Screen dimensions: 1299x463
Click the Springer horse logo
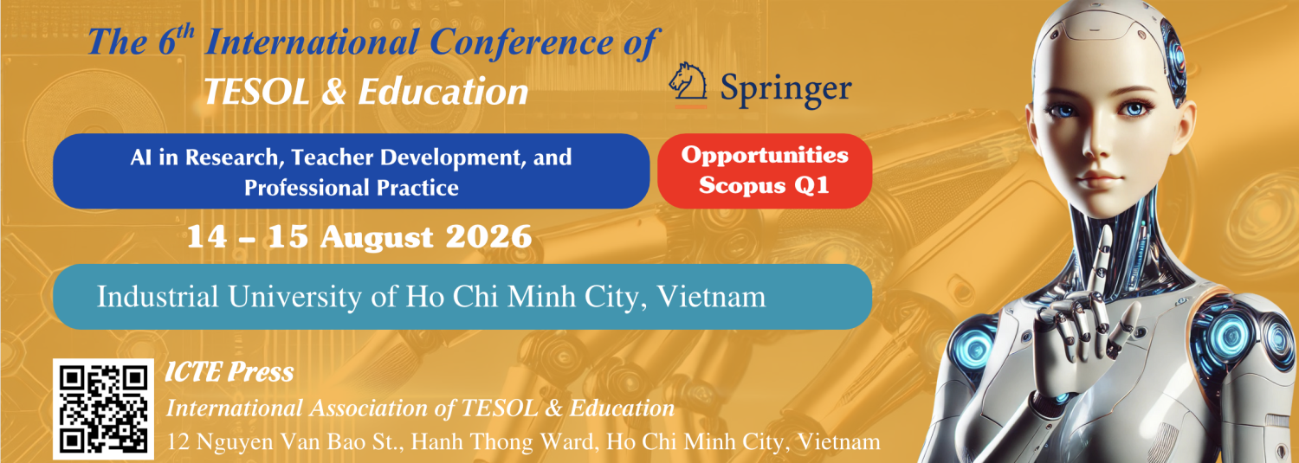[x=689, y=85]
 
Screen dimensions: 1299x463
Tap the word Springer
[x=785, y=90]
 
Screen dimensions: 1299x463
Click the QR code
[x=103, y=409]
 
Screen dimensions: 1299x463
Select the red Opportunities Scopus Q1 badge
[x=765, y=171]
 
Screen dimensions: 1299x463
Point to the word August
[x=377, y=238]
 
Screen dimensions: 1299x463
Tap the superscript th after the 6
[x=185, y=32]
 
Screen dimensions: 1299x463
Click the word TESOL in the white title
[x=257, y=92]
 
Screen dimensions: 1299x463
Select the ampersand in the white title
[x=333, y=92]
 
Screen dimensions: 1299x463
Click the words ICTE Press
[x=229, y=372]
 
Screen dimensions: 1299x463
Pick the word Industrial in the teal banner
[x=158, y=297]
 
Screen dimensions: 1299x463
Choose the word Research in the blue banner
[x=232, y=158]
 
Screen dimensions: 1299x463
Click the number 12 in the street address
[x=178, y=442]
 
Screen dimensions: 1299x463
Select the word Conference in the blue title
[x=522, y=42]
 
